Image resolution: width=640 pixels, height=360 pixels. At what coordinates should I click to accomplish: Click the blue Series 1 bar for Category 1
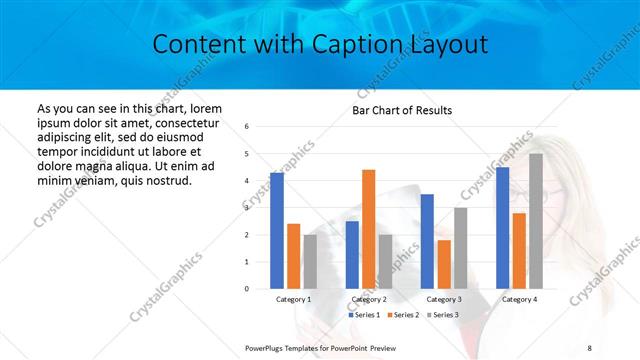click(277, 231)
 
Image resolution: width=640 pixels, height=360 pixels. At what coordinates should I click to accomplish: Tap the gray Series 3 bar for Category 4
click(536, 221)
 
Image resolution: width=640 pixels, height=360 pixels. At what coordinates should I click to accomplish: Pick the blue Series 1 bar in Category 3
click(427, 241)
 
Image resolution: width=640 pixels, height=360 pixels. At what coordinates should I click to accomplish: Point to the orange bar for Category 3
click(444, 264)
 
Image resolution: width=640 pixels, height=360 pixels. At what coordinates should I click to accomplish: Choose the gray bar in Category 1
click(310, 262)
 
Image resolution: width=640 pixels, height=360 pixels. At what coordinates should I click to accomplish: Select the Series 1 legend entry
click(365, 315)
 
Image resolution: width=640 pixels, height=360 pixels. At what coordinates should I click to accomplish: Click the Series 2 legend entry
click(403, 315)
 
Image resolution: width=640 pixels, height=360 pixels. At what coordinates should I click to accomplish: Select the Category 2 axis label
click(369, 299)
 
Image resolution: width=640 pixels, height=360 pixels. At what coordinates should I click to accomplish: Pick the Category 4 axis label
click(519, 299)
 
